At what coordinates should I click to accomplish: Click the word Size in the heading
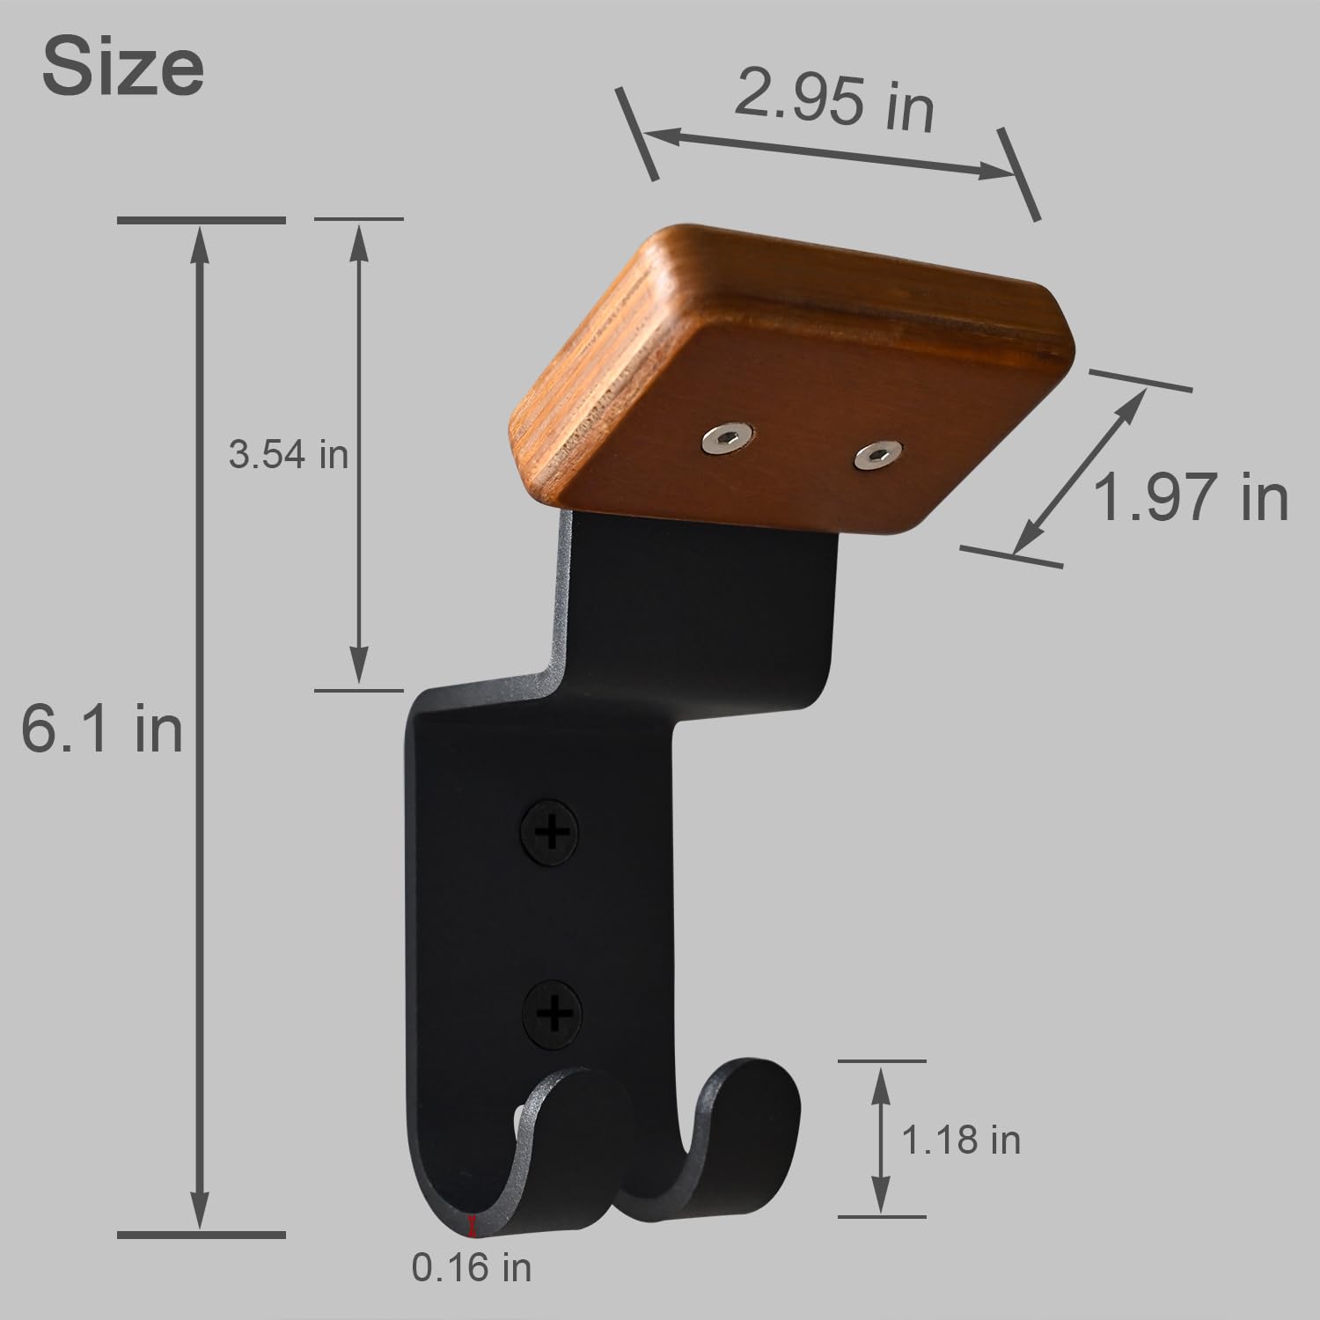pyautogui.click(x=123, y=69)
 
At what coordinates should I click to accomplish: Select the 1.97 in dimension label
pyautogui.click(x=1190, y=497)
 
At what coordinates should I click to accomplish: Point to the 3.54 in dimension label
pyautogui.click(x=289, y=455)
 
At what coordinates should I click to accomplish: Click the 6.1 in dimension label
pyautogui.click(x=102, y=729)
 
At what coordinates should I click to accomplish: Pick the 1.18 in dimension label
pyautogui.click(x=961, y=1140)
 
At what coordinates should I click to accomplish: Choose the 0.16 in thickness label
pyautogui.click(x=472, y=1267)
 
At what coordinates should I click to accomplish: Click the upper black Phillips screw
pyautogui.click(x=551, y=832)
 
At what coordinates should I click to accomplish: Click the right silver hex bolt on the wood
pyautogui.click(x=876, y=455)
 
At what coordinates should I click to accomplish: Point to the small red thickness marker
pyautogui.click(x=473, y=1225)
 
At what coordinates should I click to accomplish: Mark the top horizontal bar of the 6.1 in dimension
pyautogui.click(x=202, y=219)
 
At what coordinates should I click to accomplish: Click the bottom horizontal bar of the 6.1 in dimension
pyautogui.click(x=202, y=1235)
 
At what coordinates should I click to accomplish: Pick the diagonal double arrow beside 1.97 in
pyautogui.click(x=1081, y=472)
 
